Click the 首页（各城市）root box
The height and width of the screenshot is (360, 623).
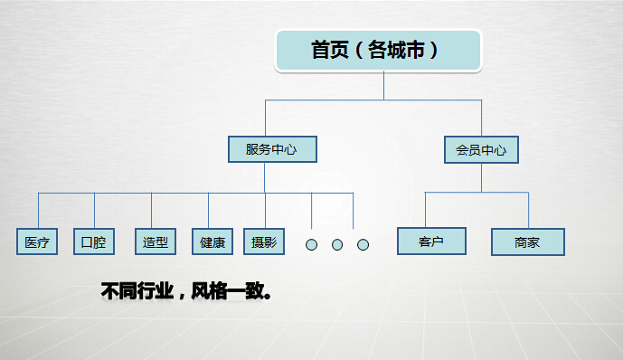[378, 51]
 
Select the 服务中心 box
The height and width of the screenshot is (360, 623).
[270, 149]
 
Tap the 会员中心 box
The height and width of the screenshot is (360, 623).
[481, 149]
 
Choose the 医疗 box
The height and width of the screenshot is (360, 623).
[37, 242]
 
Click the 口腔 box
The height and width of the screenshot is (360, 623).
[93, 242]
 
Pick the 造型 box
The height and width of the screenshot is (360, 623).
[155, 242]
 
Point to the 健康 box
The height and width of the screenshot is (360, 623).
[212, 242]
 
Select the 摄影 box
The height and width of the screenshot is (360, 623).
[263, 242]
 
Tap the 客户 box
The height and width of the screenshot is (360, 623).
[430, 242]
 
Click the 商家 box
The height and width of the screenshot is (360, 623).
[527, 242]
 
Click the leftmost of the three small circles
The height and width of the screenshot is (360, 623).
[311, 244]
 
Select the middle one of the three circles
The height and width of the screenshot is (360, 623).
[337, 244]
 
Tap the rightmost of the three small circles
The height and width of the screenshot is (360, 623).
[363, 244]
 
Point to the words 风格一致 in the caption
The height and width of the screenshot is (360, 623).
[230, 292]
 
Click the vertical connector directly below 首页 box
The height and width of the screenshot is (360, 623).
[384, 85]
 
